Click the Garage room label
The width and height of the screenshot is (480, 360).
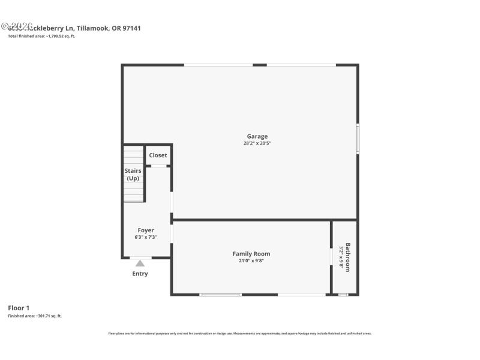[257, 136]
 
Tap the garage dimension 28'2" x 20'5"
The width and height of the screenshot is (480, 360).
[257, 143]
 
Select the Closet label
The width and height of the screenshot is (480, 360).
[158, 155]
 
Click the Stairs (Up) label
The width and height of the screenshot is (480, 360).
[133, 175]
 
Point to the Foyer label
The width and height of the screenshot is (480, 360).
[146, 230]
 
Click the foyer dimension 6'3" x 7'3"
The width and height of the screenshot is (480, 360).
[146, 238]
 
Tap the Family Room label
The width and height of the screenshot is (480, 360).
[251, 254]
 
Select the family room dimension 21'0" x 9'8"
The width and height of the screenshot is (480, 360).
[251, 261]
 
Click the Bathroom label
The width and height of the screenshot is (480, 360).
[348, 257]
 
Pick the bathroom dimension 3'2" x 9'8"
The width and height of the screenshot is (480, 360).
[341, 257]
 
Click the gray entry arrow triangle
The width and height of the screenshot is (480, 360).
[140, 263]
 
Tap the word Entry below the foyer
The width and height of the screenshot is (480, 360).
[140, 274]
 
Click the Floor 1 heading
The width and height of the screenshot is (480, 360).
[18, 308]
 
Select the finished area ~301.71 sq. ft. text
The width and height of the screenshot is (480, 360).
[35, 316]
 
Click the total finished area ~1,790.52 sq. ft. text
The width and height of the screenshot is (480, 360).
[41, 36]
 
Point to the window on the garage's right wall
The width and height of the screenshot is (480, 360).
[358, 138]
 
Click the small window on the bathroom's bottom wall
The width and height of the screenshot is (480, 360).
[343, 295]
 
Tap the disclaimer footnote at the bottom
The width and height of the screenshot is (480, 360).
[240, 333]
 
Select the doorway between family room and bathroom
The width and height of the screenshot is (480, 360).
[331, 257]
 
